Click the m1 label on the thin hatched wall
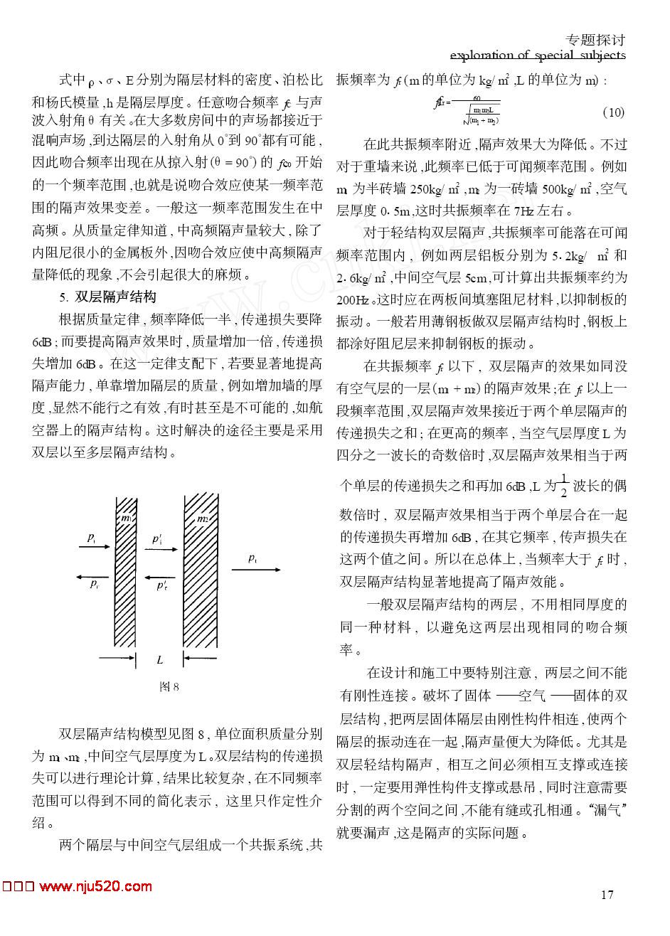pyautogui.click(x=126, y=518)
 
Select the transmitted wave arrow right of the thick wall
pyautogui.click(x=264, y=569)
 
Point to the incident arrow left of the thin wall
pyautogui.click(x=94, y=547)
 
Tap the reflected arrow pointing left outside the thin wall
pyautogui.click(x=94, y=575)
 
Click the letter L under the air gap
pyautogui.click(x=159, y=660)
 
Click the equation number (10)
pyautogui.click(x=613, y=112)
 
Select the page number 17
pyautogui.click(x=607, y=894)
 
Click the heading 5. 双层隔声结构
pyautogui.click(x=107, y=296)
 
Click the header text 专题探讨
pyautogui.click(x=595, y=40)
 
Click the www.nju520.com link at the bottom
pyautogui.click(x=95, y=886)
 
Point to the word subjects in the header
pyautogui.click(x=600, y=55)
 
